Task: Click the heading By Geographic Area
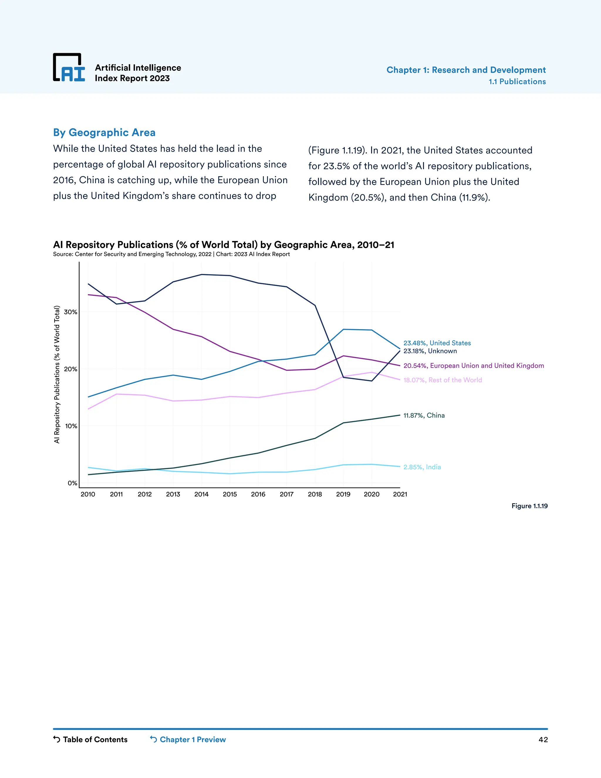point(104,132)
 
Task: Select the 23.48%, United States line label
point(437,343)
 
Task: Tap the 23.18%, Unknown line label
point(430,351)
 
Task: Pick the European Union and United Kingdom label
point(474,366)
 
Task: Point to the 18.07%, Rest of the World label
point(442,380)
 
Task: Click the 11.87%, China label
point(424,415)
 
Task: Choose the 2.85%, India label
point(422,467)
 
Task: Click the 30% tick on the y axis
point(70,312)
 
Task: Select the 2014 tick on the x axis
point(202,494)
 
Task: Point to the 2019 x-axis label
point(343,494)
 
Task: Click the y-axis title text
point(57,374)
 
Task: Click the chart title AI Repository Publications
point(223,245)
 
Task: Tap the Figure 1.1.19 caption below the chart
point(529,506)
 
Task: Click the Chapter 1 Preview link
point(188,740)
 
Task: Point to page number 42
point(543,740)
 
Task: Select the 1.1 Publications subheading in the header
point(517,82)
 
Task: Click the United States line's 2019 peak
point(343,329)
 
